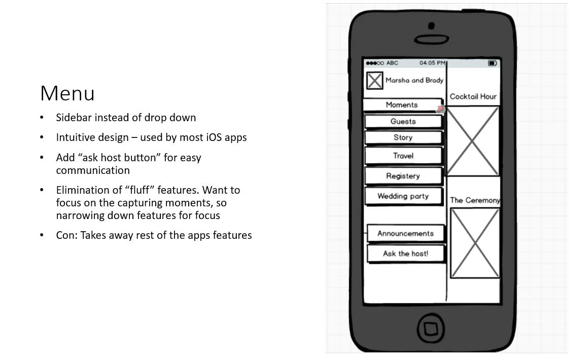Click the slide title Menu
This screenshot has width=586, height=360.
[x=67, y=94]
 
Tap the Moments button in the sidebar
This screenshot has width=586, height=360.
[x=402, y=105]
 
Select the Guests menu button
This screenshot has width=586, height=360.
[x=403, y=122]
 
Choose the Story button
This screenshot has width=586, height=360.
[x=403, y=137]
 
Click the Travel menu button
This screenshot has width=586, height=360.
[x=403, y=156]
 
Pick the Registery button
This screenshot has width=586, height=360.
[x=403, y=176]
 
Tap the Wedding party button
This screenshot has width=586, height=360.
[x=403, y=196]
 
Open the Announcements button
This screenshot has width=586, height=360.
[x=405, y=234]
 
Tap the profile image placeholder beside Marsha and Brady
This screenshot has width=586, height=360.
[x=374, y=81]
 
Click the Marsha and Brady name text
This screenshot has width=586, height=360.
[x=414, y=80]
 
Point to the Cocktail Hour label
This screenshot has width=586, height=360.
[x=473, y=96]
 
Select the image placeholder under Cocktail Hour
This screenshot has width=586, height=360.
[x=473, y=141]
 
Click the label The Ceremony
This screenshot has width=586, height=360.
[x=475, y=200]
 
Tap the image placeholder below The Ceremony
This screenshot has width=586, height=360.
[x=475, y=243]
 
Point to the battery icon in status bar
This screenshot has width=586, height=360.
[x=492, y=63]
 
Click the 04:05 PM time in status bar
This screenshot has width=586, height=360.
[x=432, y=63]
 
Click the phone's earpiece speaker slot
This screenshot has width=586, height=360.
[x=431, y=39]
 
